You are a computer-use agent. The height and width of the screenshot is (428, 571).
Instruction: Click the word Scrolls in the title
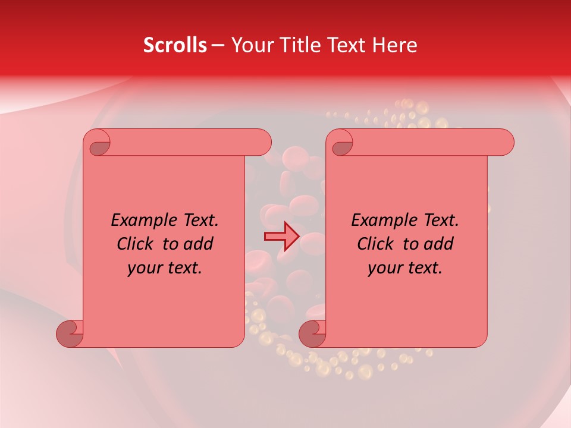tap(175, 45)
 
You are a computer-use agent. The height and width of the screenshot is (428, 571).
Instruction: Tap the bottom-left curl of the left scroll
tap(70, 333)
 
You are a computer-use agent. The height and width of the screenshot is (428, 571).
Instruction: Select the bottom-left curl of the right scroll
tap(312, 333)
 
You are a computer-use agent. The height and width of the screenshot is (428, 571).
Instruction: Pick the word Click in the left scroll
tap(135, 244)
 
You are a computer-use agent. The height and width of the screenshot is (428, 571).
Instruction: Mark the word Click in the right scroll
tap(375, 244)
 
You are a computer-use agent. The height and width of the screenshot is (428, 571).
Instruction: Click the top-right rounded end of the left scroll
tap(262, 143)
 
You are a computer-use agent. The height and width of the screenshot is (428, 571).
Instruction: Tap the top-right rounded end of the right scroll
tap(504, 143)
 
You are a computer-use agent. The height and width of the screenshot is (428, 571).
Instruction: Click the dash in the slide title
tap(218, 46)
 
